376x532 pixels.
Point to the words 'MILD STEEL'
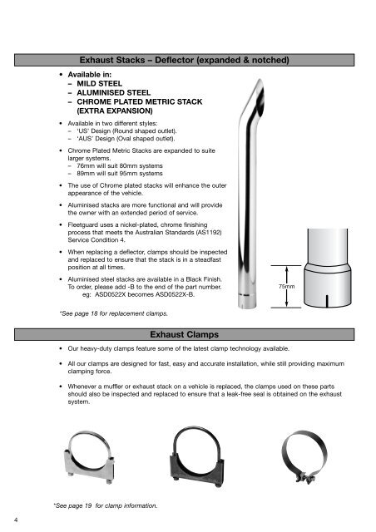point(100,84)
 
